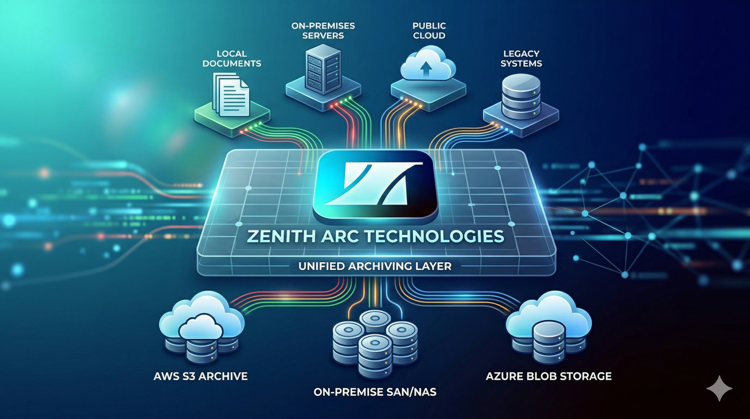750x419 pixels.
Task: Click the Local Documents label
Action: [232, 58]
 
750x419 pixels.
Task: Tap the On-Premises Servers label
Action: [323, 30]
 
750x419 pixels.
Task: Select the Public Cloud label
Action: [429, 30]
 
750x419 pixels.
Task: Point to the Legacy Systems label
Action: [521, 58]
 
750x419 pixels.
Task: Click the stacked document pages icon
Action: [232, 95]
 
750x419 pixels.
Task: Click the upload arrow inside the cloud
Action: [426, 70]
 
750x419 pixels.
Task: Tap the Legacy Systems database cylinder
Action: [521, 97]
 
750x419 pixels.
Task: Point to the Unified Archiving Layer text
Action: [375, 266]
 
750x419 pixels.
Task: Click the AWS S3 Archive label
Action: [201, 376]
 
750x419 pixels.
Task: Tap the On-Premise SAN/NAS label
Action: [375, 392]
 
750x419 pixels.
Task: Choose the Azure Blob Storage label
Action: [548, 376]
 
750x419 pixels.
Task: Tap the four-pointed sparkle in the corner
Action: [719, 389]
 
